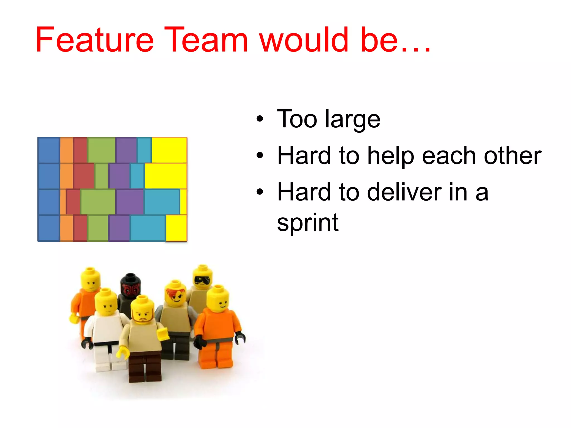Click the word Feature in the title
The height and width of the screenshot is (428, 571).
pos(94,40)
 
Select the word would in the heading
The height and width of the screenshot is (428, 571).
pos(304,40)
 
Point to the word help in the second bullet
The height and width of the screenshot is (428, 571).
pos(391,156)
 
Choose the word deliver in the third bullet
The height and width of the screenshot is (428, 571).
pos(404,192)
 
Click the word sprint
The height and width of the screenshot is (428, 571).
pos(308,223)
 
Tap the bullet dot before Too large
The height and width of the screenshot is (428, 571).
pos(260,119)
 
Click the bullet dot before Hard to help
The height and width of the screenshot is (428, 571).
pos(260,155)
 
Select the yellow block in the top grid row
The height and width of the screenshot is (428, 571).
pos(169,150)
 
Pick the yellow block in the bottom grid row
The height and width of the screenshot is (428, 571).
pos(176,228)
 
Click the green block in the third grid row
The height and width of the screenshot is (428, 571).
pos(98,202)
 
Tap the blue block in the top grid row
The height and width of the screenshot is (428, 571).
pos(49,150)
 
